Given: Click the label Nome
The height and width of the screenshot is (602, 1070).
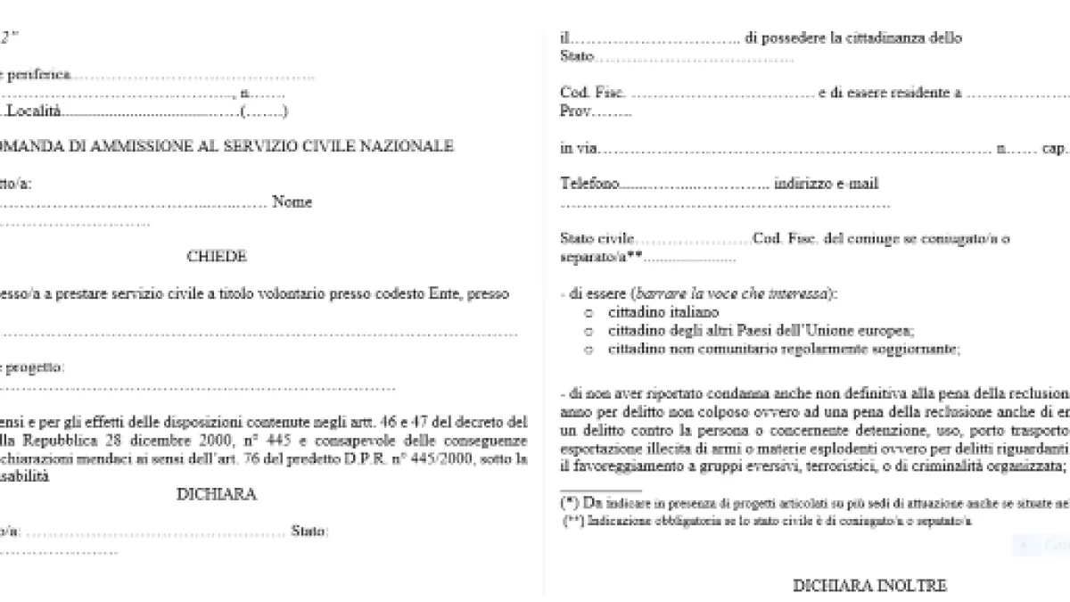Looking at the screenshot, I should coord(292,202).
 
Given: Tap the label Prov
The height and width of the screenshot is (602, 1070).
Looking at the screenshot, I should coord(576,112).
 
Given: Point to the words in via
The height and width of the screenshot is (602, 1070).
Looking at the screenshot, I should coord(579,148).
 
